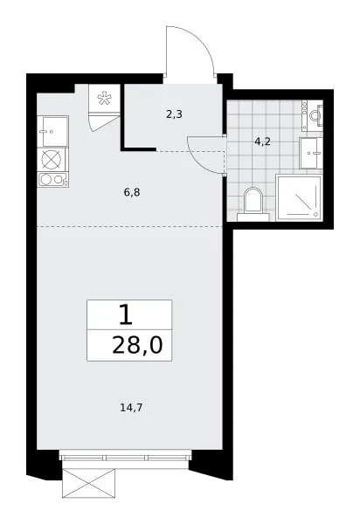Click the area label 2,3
tap(174, 114)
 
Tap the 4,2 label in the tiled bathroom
tap(262, 141)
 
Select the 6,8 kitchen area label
tap(131, 192)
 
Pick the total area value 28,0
tap(137, 345)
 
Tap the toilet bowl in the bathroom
tap(253, 200)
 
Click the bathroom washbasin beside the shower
tap(311, 153)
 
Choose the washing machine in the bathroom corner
tap(313, 115)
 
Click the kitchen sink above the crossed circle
tap(52, 131)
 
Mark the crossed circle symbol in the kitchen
tap(52, 159)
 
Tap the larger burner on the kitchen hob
tap(45, 180)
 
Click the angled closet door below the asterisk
tap(104, 122)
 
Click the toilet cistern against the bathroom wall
tap(253, 217)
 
